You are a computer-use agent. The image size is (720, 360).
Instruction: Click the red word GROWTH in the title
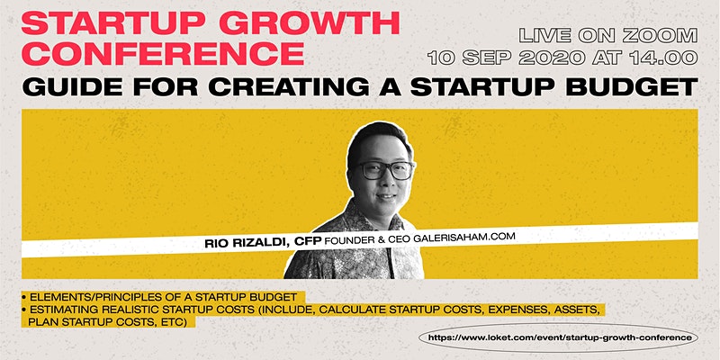[x=309, y=24]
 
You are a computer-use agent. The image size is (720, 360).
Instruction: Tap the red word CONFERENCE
[x=163, y=54]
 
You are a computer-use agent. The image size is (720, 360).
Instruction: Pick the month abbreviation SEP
[x=488, y=58]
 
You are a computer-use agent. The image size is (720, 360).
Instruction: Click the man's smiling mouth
[x=386, y=196]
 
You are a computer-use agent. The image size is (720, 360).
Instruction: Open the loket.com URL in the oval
[x=559, y=338]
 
